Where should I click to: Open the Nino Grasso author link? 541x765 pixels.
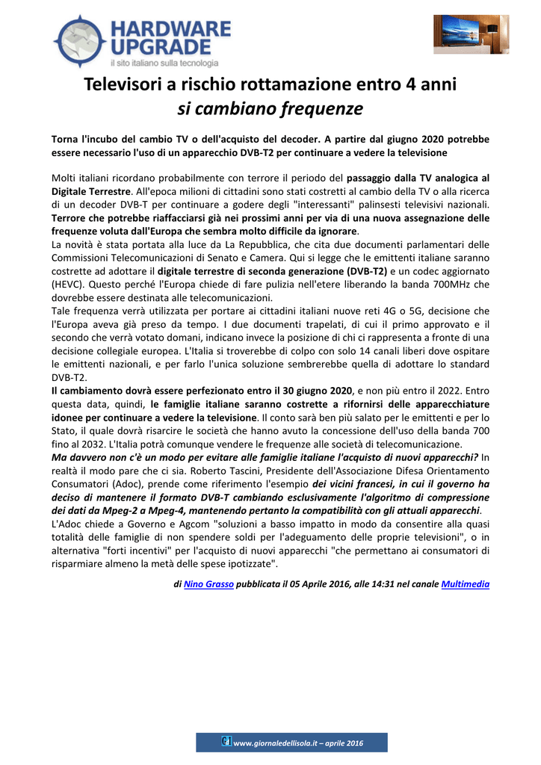tap(208, 584)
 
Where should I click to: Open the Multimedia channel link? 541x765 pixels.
tap(466, 584)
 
